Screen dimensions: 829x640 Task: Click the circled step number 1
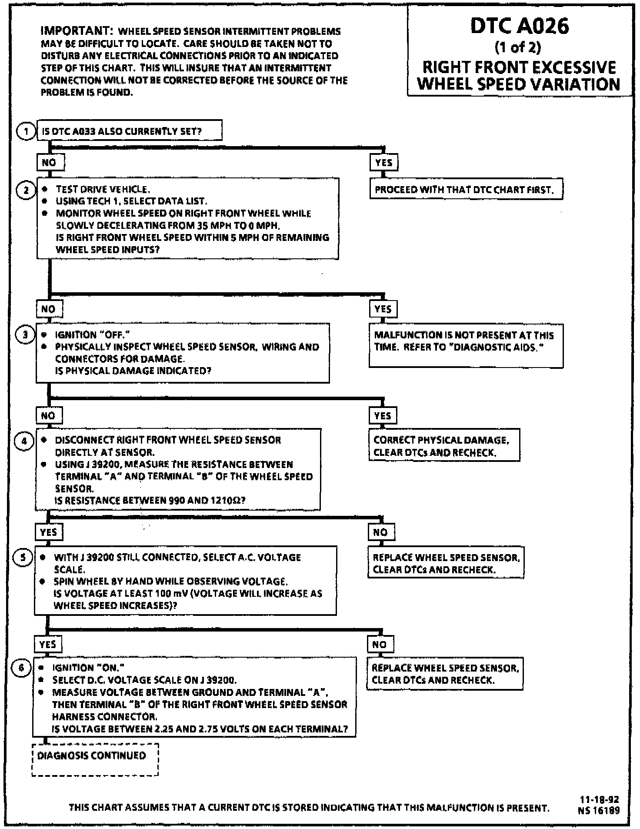coord(26,131)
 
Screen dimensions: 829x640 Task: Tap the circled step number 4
coord(24,441)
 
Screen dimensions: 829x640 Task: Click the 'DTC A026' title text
coord(519,26)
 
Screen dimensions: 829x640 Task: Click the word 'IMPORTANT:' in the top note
coord(77,31)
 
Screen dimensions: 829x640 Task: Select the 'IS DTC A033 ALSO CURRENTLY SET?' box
coord(129,131)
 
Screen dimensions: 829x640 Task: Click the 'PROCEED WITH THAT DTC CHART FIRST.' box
coord(466,190)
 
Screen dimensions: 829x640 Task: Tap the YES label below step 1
coord(383,163)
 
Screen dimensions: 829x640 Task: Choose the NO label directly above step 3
coord(49,309)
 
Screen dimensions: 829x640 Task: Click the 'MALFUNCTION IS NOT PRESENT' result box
coord(466,345)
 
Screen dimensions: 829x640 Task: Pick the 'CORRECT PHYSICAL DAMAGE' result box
coord(443,445)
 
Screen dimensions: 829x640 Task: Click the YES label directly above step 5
coord(48,532)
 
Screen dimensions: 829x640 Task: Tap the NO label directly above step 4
coord(48,415)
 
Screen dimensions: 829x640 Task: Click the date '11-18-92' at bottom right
coord(599,799)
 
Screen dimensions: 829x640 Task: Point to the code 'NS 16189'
coord(599,810)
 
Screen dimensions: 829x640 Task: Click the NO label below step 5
coord(380,644)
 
